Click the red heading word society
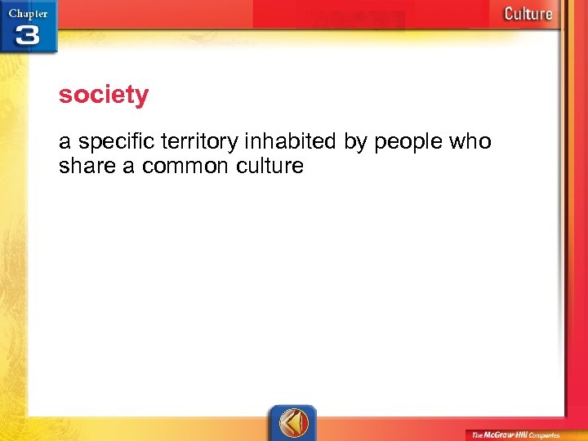(104, 96)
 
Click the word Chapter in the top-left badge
(28, 12)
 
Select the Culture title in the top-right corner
(528, 13)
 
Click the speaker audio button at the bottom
(292, 422)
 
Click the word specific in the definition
(111, 142)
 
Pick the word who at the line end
(471, 142)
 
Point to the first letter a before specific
(65, 143)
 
